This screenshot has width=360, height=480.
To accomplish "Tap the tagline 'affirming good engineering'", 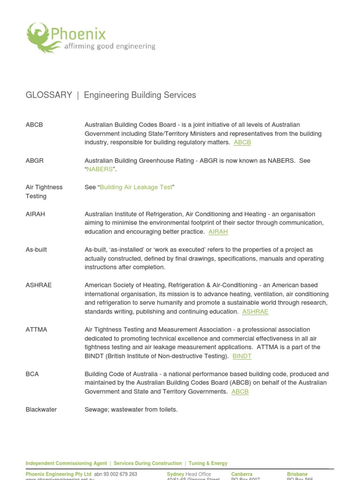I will point(109,46).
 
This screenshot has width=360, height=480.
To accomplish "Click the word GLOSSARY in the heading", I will point(49,95).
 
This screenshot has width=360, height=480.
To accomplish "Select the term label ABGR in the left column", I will point(34,161).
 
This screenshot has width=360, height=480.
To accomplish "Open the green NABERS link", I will point(99,169).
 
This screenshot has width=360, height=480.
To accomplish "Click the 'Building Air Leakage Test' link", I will point(136,187).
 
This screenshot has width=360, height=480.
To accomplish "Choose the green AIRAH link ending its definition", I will point(218,232).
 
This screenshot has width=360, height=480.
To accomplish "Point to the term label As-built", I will point(36,250).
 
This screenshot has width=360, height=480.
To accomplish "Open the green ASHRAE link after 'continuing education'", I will point(255,312).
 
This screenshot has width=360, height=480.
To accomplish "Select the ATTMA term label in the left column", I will point(36,330).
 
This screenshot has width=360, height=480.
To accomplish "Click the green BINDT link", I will point(242,356).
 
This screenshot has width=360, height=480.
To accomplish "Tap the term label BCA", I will point(32,374).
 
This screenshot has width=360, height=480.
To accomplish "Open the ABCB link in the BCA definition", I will point(240,392).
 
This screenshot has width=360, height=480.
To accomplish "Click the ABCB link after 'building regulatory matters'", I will point(242,142).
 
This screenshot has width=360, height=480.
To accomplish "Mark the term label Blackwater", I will point(41,410).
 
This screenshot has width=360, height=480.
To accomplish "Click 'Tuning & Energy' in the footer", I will point(208,463).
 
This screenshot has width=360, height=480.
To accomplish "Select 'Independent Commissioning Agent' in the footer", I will point(66,463).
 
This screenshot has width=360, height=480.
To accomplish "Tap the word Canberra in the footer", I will point(241,474).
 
